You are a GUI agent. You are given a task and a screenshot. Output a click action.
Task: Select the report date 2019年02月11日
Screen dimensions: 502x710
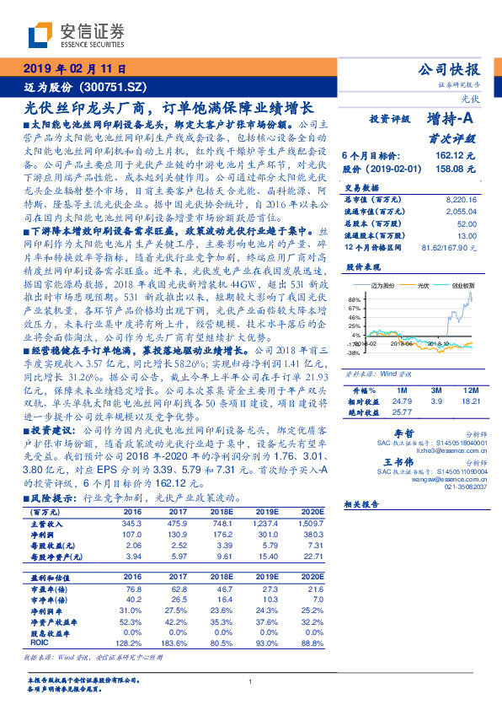[x=75, y=68]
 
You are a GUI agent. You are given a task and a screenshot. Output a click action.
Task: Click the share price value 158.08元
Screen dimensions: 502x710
[x=456, y=169]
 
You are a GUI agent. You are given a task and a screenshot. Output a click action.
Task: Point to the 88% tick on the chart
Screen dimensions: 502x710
[x=355, y=299]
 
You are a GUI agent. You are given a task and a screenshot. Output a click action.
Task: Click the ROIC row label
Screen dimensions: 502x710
[x=40, y=642]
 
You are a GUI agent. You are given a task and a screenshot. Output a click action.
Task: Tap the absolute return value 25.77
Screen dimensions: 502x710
[x=402, y=411]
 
